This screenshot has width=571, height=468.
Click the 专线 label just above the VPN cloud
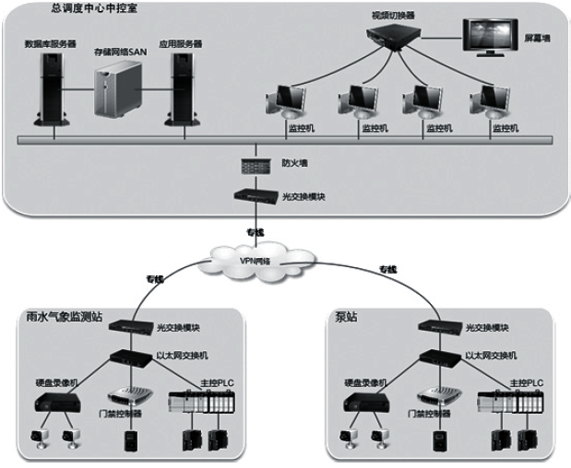point(256,231)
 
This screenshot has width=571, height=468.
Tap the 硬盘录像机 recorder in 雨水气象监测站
point(56,402)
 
